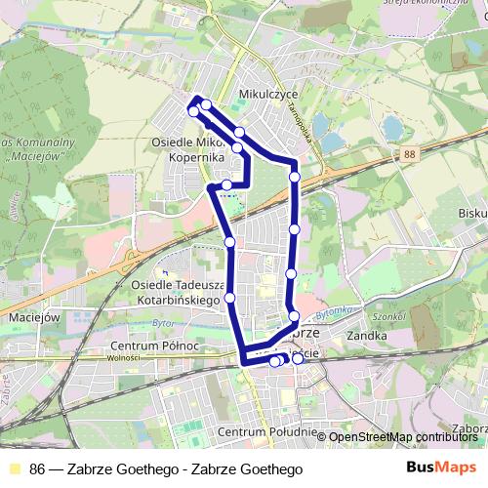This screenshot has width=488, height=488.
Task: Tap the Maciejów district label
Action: point(34,317)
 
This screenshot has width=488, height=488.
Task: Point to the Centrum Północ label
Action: point(155,346)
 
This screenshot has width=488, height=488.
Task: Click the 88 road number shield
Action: point(407,153)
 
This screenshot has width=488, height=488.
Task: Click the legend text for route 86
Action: point(166,468)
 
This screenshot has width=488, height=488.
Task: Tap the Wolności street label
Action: point(125,357)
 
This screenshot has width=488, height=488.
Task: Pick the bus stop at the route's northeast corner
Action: point(295,177)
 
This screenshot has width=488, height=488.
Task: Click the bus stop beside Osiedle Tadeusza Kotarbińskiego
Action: point(230,298)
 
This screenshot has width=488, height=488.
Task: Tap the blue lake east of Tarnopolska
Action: point(393,127)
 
